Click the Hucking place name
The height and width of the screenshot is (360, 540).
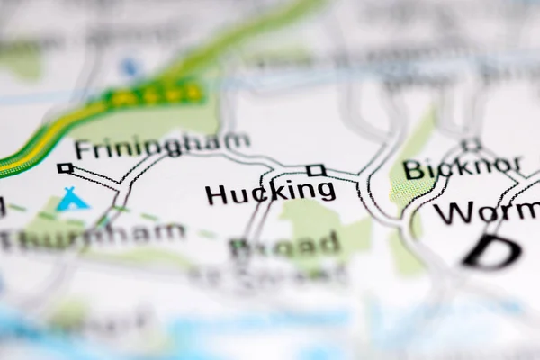[270, 192]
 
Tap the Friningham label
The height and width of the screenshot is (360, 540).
[162, 147]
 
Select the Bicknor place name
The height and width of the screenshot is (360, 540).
[462, 168]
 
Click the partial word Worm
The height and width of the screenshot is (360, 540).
[486, 213]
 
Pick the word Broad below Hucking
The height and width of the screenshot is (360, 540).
[285, 245]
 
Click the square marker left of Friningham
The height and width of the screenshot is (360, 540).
[64, 167]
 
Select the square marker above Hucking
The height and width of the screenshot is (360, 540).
[314, 169]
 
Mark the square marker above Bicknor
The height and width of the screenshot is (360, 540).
[470, 144]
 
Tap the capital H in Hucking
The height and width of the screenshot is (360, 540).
[216, 193]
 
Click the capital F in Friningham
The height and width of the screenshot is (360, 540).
[83, 149]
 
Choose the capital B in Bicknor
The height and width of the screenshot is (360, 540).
[413, 169]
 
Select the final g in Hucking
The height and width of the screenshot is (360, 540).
[325, 193]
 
